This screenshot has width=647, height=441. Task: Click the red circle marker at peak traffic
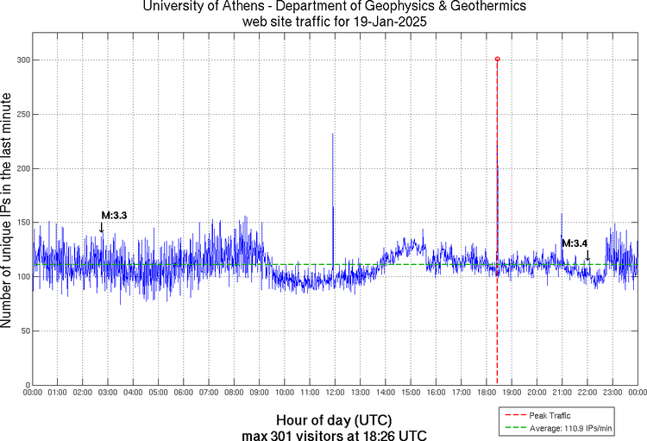[498, 60]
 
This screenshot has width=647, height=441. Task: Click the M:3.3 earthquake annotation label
[114, 215]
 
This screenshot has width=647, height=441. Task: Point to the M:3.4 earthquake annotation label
[575, 243]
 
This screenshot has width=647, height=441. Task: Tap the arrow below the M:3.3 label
[101, 227]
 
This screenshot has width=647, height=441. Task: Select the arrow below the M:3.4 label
[587, 255]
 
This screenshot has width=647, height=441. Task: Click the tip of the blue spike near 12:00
[333, 134]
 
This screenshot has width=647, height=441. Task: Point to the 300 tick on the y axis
[18, 60]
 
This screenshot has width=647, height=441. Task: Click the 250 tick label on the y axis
[18, 114]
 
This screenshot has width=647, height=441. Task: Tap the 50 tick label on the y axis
[21, 331]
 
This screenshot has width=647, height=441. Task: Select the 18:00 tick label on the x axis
[486, 393]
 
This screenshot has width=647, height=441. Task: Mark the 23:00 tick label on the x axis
[612, 393]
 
